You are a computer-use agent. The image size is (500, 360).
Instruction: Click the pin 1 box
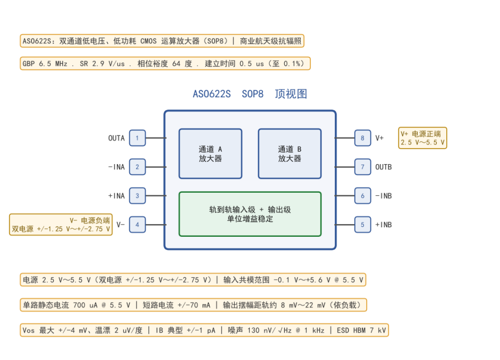pyautogui.click(x=138, y=138)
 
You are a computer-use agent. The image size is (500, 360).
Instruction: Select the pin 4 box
pyautogui.click(x=138, y=225)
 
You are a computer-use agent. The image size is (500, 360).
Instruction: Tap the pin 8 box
pyautogui.click(x=362, y=138)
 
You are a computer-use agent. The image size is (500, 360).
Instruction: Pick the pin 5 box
pyautogui.click(x=362, y=225)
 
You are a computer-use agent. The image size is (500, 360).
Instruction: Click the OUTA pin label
pyautogui.click(x=116, y=138)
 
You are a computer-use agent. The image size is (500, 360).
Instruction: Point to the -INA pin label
pyautogui.click(x=116, y=167)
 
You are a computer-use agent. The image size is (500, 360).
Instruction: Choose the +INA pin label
pyautogui.click(x=116, y=195)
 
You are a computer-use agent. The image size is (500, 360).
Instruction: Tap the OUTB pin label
pyautogui.click(x=383, y=167)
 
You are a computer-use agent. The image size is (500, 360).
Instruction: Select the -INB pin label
pyautogui.click(x=383, y=195)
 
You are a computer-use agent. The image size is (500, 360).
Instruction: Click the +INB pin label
pyautogui.click(x=383, y=225)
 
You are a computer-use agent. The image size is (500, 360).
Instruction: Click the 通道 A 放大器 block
pyautogui.click(x=210, y=153)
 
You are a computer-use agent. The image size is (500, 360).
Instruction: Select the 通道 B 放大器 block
pyautogui.click(x=290, y=153)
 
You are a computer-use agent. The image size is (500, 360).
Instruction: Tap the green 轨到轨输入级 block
pyautogui.click(x=250, y=214)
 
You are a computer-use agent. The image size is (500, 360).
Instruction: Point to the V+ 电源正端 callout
pyautogui.click(x=422, y=138)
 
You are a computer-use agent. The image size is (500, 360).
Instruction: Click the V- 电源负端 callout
pyautogui.click(x=61, y=225)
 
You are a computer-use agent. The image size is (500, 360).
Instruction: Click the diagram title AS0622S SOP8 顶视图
pyautogui.click(x=250, y=94)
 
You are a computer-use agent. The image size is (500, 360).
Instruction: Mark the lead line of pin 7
pyautogui.click(x=345, y=167)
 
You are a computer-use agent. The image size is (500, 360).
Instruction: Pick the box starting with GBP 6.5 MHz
pyautogui.click(x=165, y=63)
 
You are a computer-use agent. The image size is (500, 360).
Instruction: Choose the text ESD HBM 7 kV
pyautogui.click(x=361, y=330)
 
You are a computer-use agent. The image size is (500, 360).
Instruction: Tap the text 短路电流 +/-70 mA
pyautogui.click(x=176, y=305)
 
